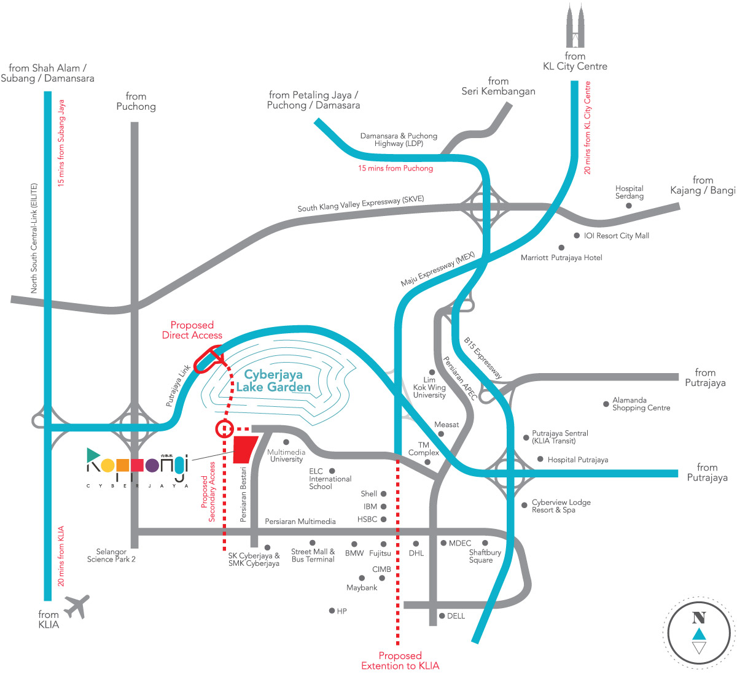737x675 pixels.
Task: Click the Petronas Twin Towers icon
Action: coord(575,25)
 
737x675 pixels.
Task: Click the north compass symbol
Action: coord(698,633)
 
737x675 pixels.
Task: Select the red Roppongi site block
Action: coord(245,449)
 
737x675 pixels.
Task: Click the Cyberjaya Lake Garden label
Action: coord(273,380)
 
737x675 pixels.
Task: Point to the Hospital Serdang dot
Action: coord(629,206)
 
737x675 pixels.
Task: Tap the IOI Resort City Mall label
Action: coord(616,236)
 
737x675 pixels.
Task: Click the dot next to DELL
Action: coord(442,616)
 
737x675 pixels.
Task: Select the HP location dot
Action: coord(332,611)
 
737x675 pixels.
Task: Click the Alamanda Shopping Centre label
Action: coord(641,404)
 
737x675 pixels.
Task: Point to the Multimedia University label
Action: coord(286,455)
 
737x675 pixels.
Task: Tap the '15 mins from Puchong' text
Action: coord(396,168)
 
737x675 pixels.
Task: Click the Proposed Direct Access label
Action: coord(192,330)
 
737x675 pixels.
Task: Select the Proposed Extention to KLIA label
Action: coord(400,661)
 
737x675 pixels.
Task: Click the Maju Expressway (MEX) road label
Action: coord(437,269)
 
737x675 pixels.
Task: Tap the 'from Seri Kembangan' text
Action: coord(498,86)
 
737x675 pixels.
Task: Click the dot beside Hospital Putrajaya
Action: coord(540,459)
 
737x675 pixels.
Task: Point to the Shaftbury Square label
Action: coord(485,556)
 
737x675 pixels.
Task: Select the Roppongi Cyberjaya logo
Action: coord(138,467)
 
